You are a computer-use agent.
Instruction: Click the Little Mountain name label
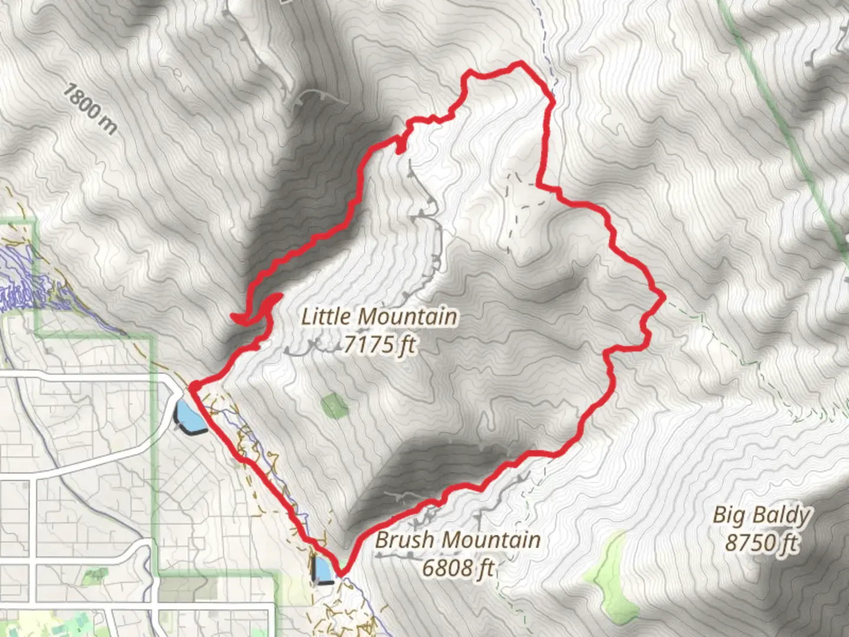379,317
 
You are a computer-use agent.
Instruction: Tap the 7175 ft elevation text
379,344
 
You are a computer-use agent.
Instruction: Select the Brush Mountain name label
458,540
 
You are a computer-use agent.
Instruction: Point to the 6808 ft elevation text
458,568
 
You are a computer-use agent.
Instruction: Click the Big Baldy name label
761,515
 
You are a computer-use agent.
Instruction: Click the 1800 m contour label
90,109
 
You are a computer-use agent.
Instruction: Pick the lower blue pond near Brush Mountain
323,570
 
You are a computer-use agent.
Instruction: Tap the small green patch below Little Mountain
334,406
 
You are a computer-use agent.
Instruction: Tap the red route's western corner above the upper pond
192,386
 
